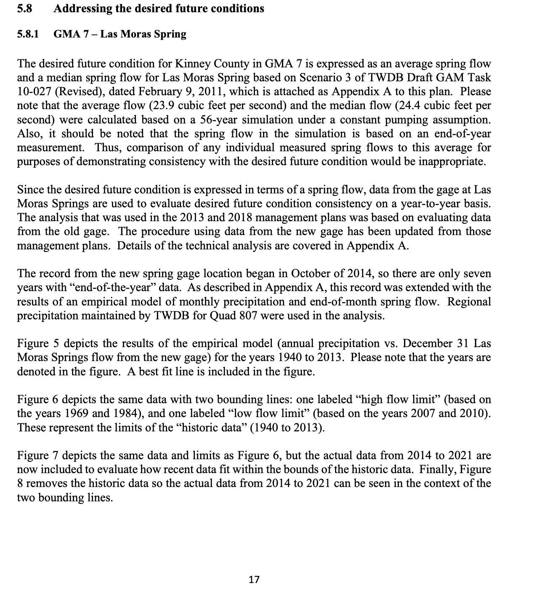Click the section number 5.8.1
[28, 34]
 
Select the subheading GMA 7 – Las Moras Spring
[120, 34]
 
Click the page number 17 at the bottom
[254, 580]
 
